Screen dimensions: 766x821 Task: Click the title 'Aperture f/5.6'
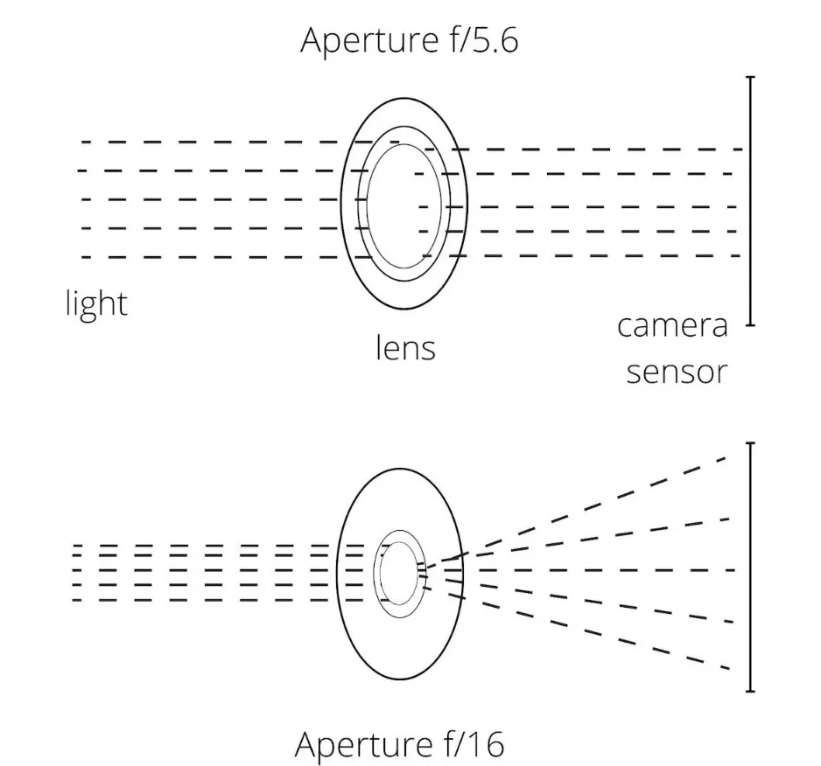click(409, 40)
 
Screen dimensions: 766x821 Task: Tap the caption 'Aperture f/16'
click(400, 745)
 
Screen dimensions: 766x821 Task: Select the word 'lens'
click(405, 347)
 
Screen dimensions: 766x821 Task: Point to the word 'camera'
click(672, 325)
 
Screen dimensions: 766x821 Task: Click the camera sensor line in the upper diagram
click(750, 201)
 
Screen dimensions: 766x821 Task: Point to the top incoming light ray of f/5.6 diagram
click(210, 142)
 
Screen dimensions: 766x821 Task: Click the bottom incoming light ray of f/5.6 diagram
click(210, 257)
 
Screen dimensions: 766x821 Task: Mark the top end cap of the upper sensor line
click(750, 78)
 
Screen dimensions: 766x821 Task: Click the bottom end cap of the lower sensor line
click(750, 691)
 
